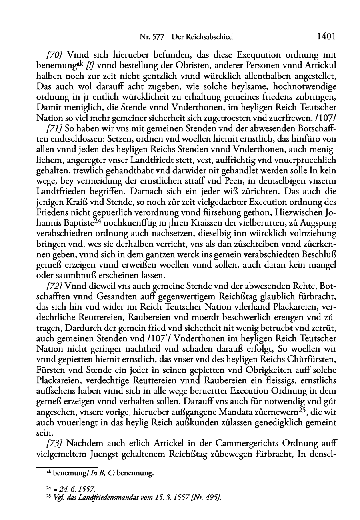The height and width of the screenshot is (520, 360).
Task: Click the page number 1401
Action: [326, 37]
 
